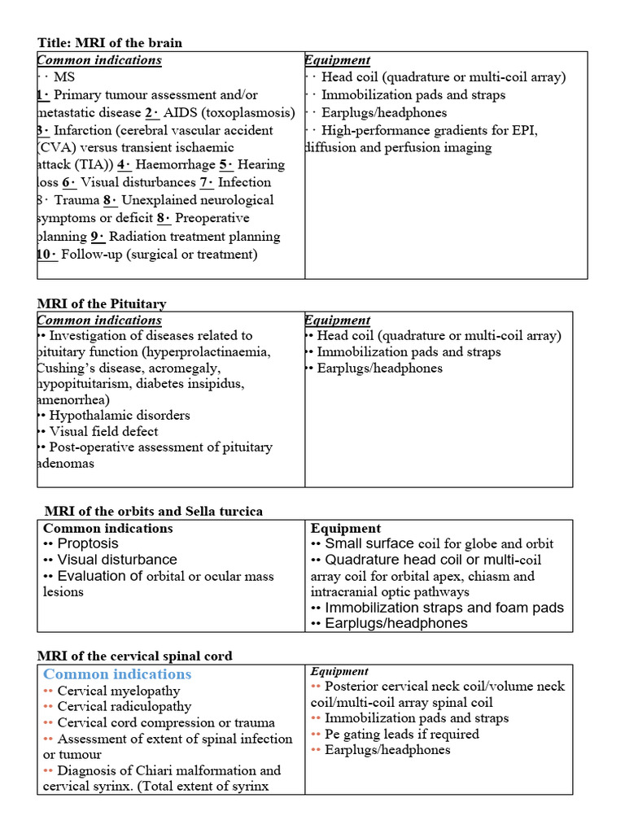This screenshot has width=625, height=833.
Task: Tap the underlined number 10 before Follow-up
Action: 47,254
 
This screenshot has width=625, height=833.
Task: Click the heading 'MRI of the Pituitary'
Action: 102,303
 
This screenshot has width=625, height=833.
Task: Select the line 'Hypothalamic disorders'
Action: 120,415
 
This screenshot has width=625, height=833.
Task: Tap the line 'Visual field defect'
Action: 103,431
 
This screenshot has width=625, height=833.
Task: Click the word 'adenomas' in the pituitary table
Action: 66,463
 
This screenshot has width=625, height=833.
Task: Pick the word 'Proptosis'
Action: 87,543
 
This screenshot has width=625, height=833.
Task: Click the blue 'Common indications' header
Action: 117,674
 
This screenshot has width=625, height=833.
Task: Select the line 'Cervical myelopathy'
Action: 119,691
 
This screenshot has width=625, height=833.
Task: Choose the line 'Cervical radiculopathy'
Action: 125,706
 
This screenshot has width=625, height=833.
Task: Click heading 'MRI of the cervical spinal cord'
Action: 134,656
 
